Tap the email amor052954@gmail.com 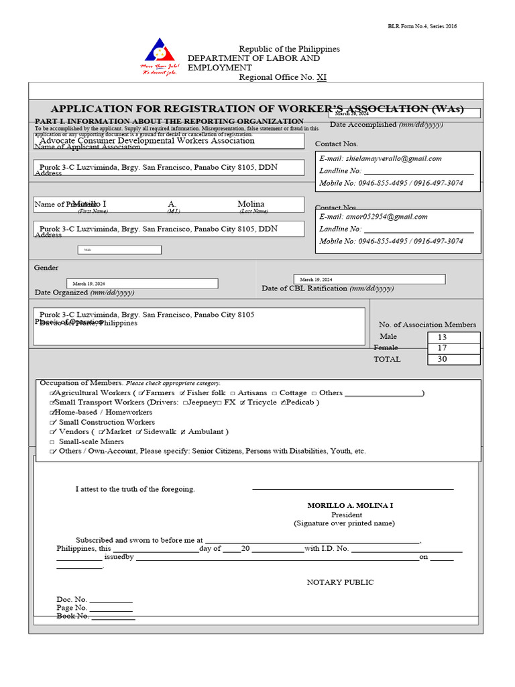point(373,217)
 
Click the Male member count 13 point(442,337)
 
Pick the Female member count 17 point(442,348)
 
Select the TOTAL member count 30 point(442,359)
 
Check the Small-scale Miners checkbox point(52,442)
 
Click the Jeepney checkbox point(185,403)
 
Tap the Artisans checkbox point(232,393)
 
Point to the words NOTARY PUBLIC point(340,582)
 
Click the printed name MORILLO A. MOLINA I point(346,505)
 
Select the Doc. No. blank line point(111,600)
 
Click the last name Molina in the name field point(251,204)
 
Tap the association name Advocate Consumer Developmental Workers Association point(147,141)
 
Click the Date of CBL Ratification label point(327,288)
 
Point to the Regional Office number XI point(321,77)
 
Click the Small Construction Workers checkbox point(52,423)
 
